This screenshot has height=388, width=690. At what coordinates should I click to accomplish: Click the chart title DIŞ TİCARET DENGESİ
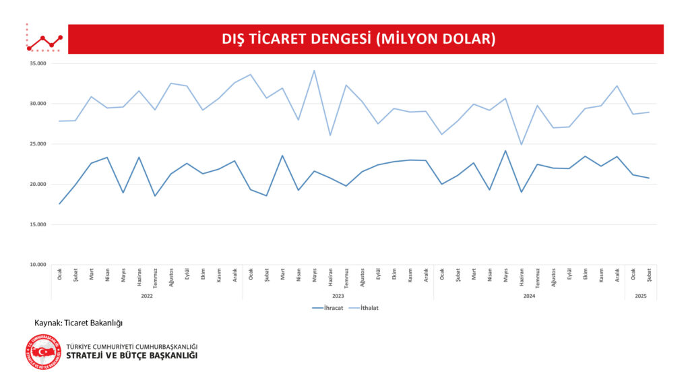point(358,39)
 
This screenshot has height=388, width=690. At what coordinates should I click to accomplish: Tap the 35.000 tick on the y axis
point(38,63)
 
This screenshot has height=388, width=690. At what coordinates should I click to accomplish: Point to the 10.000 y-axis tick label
point(38,265)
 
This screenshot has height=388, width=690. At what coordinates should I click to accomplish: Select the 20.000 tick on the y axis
point(38,184)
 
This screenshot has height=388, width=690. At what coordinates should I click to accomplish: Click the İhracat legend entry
point(330,308)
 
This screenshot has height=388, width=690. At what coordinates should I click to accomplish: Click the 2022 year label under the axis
point(147,296)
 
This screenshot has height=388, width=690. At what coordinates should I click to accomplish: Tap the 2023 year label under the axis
point(338,296)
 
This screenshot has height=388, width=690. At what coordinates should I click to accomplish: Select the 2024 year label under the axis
point(529,296)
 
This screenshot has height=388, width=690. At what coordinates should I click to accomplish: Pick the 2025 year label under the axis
point(641,296)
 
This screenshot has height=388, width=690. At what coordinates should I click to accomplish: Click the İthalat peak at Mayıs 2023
point(314,71)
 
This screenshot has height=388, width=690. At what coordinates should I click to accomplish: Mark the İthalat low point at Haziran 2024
point(521,144)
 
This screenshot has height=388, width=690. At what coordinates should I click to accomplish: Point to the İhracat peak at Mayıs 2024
point(505,151)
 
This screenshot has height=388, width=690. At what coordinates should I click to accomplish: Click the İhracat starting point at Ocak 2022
point(59,204)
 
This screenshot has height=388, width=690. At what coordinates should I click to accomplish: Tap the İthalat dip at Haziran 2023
point(330,135)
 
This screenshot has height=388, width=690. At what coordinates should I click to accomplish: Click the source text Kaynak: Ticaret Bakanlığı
point(79,323)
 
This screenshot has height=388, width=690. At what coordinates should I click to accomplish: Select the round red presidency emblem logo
point(43,352)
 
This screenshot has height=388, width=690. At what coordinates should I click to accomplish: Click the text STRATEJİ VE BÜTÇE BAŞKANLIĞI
point(132,356)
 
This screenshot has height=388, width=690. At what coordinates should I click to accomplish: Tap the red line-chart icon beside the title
point(44,41)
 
